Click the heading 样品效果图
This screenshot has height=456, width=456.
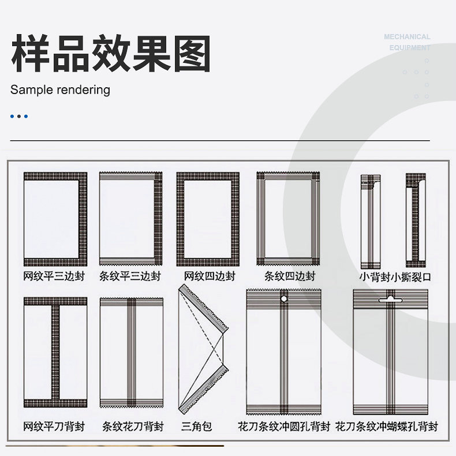click(111, 54)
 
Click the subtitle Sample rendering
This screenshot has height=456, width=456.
click(60, 89)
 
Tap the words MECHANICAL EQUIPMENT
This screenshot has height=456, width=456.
click(408, 42)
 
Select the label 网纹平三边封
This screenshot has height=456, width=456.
click(54, 276)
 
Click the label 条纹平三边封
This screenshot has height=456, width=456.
click(130, 276)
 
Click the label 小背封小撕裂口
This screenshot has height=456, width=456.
click(395, 276)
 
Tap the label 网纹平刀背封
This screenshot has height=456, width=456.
click(54, 427)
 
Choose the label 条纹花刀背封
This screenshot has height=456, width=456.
click(133, 427)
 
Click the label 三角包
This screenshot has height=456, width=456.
click(197, 427)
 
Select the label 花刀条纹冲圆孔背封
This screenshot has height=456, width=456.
click(284, 427)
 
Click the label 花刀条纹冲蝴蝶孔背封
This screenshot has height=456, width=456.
click(387, 427)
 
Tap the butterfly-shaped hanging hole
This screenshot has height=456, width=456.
click(391, 300)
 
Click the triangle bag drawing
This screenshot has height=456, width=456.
click(203, 349)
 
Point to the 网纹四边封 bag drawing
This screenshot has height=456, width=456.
click(208, 219)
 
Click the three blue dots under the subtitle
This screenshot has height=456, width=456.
click(19, 117)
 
